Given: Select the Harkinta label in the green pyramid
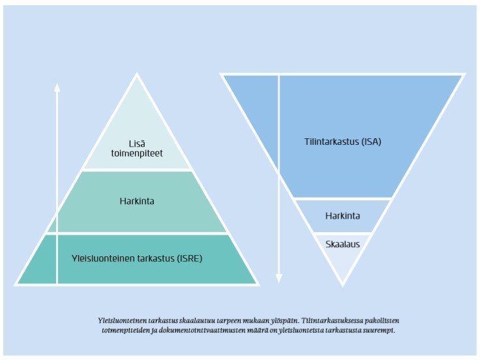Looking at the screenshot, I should tap(137, 201).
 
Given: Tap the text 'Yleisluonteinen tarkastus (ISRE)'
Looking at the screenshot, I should tap(137, 258).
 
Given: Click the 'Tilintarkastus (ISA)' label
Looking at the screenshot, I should tap(342, 140).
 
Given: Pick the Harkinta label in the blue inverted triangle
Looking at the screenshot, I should tap(342, 215).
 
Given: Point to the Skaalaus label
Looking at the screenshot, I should tap(342, 244).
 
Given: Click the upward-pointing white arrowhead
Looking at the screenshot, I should tap(57, 87).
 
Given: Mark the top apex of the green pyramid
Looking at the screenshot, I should tap(137, 75).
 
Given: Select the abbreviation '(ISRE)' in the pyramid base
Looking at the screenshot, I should tap(189, 258).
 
